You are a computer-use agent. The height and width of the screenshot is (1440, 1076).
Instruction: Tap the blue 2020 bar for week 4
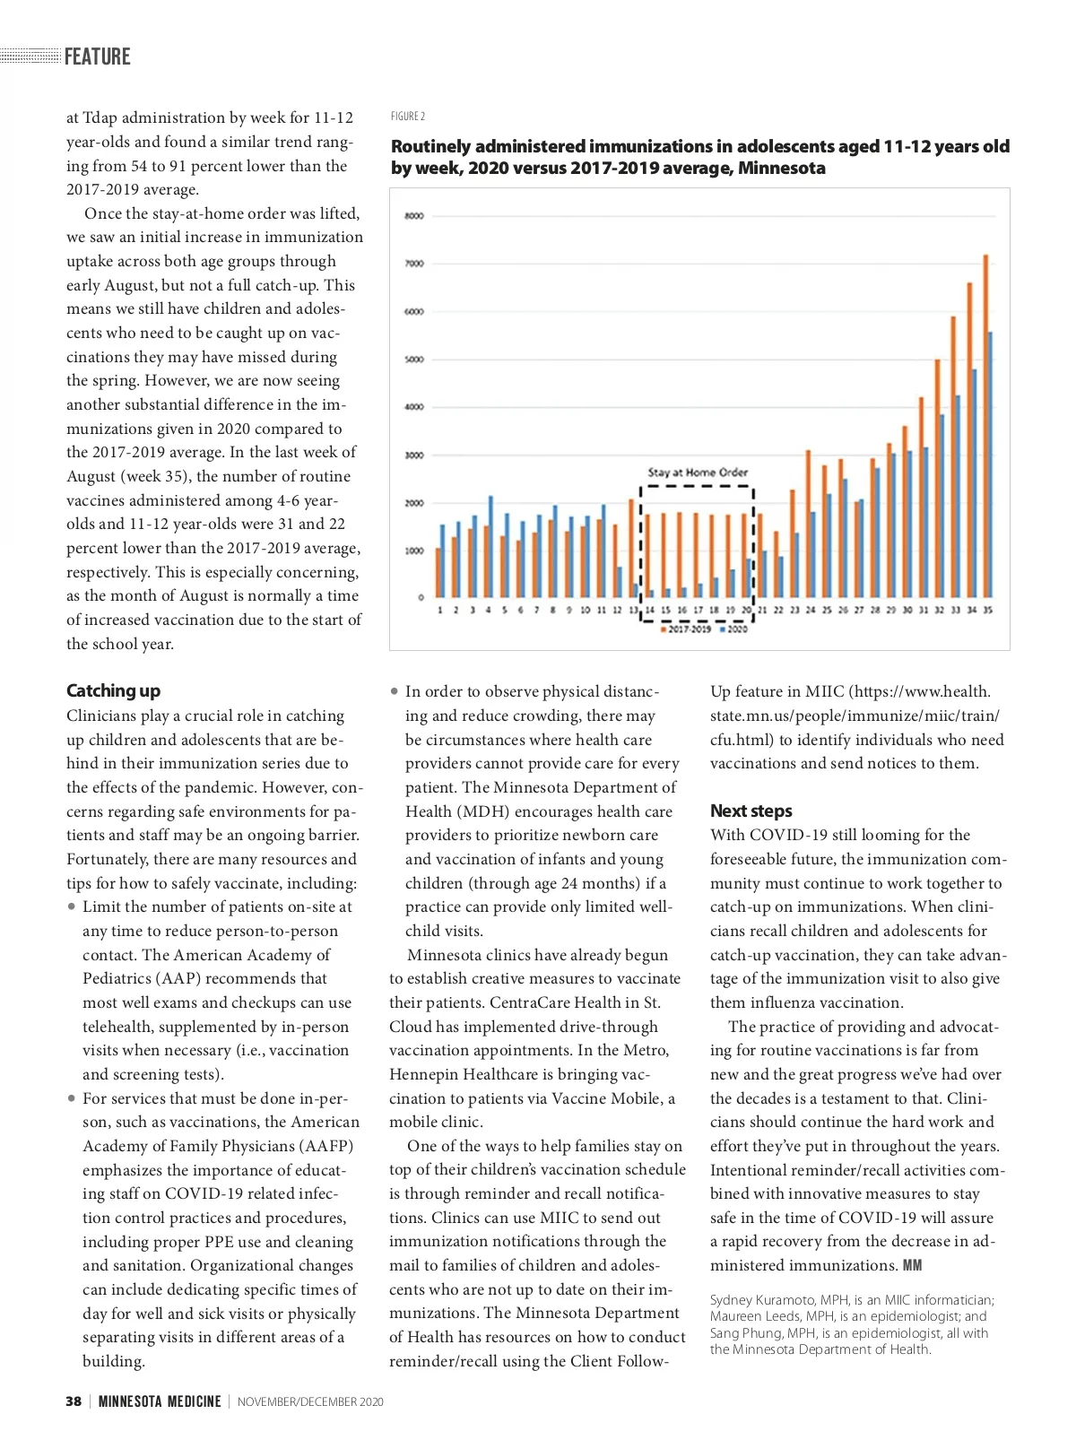490,547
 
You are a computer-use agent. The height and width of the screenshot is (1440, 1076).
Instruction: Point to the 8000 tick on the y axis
413,216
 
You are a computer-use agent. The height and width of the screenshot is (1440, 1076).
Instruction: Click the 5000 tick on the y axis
413,360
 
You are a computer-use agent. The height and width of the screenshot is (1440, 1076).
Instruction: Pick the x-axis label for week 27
859,611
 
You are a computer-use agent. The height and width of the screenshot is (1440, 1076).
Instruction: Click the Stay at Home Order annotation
698,473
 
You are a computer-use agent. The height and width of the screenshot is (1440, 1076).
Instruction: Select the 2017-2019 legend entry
688,629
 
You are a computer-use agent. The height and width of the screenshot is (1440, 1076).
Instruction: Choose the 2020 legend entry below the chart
734,629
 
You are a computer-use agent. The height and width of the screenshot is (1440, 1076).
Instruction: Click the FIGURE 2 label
408,117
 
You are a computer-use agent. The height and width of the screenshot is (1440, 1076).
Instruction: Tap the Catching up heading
113,690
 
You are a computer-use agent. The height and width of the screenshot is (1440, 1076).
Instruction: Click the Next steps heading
751,811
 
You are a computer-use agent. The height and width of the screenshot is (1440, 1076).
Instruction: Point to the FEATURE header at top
97,56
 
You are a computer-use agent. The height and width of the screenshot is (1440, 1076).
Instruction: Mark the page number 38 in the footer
74,1401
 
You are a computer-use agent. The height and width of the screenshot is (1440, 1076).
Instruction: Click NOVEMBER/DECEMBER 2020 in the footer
310,1402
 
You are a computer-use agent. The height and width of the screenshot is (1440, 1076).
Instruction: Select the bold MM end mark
912,1266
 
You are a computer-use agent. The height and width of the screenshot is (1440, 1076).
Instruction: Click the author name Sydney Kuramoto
761,1300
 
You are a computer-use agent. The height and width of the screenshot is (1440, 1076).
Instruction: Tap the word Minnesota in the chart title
781,169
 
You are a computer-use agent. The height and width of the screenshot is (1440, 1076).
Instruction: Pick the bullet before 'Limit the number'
72,907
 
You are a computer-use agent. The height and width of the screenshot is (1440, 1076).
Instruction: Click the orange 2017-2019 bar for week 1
438,573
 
